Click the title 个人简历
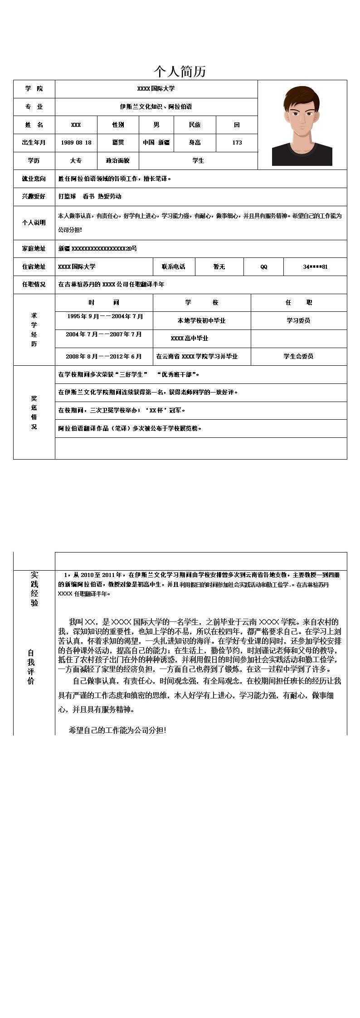click(x=180, y=71)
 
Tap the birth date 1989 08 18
click(x=76, y=142)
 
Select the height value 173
click(x=237, y=142)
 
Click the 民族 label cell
click(x=195, y=125)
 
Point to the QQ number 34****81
click(x=315, y=267)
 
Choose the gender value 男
click(x=156, y=125)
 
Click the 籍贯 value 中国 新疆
click(x=156, y=142)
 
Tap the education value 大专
click(x=76, y=160)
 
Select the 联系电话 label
click(x=174, y=267)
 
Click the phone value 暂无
click(x=219, y=267)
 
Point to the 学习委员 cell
click(x=298, y=320)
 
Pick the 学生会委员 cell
click(x=298, y=356)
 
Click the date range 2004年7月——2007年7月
click(x=104, y=334)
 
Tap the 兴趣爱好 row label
click(x=34, y=196)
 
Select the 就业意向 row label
click(x=34, y=179)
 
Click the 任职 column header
click(x=298, y=302)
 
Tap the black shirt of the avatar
click(x=302, y=156)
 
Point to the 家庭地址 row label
click(x=34, y=248)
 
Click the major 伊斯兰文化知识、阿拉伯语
click(x=156, y=107)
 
